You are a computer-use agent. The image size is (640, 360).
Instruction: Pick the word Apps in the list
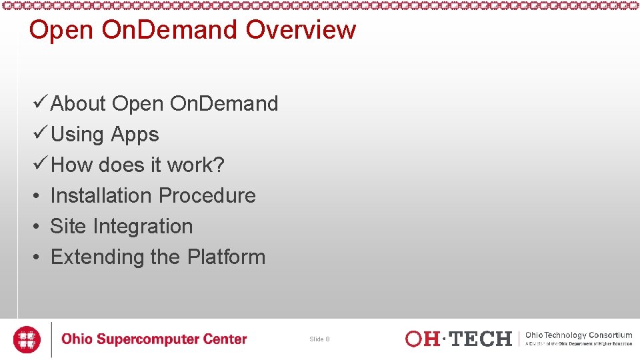coord(135,135)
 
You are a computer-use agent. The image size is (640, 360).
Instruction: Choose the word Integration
coord(143,227)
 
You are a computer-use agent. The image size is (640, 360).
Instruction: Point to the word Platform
coord(226,257)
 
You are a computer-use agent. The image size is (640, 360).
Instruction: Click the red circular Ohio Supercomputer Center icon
coord(27,339)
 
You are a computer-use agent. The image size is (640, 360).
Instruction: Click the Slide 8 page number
coord(319,339)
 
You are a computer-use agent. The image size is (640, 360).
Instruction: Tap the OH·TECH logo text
coord(459,339)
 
